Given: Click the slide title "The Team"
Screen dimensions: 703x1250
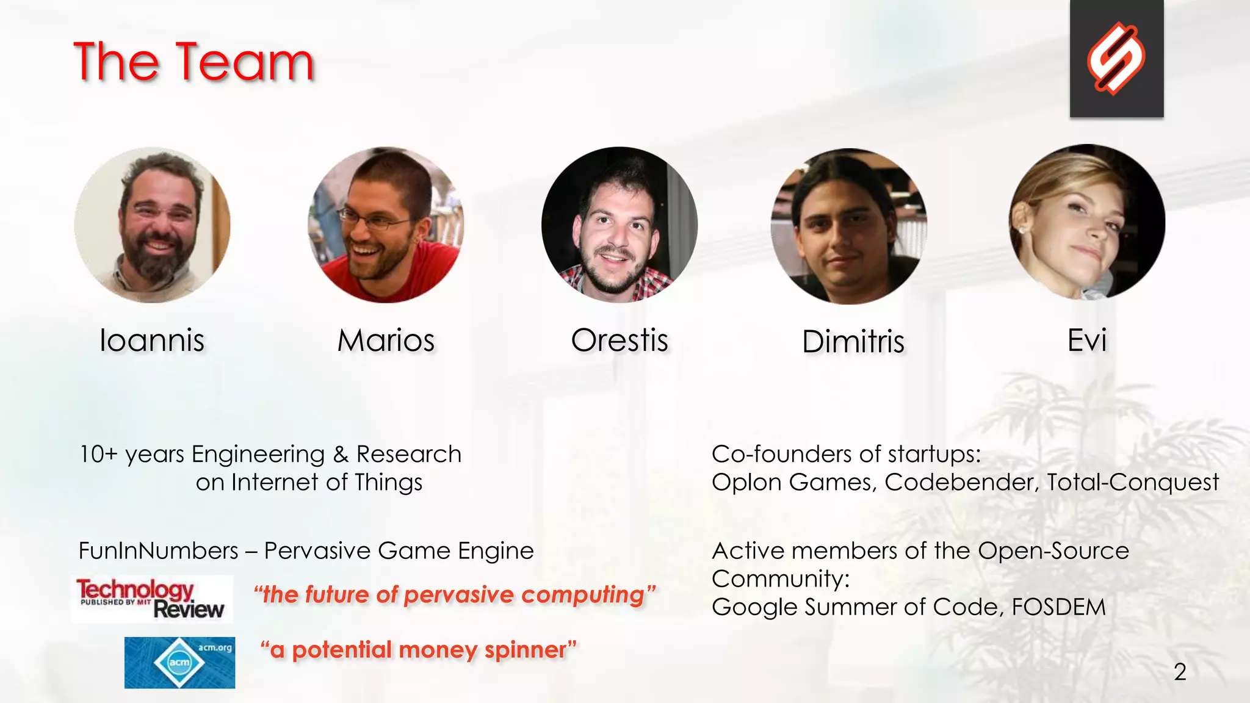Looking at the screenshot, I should pos(193,62).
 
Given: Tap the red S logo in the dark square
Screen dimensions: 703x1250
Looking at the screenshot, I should pos(1116,59).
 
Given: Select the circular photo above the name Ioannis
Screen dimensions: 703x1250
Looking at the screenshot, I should pos(152,225).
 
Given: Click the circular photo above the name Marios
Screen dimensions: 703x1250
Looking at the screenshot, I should pos(386,225).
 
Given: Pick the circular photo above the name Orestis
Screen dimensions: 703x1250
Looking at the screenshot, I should pos(619,225).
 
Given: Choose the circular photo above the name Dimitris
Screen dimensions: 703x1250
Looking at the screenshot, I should pos(849,226).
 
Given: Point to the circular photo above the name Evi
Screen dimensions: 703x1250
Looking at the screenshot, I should pos(1087,222).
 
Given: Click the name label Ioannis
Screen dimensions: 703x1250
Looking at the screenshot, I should pos(152,341).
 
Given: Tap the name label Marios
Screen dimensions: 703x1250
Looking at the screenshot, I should pos(386,341).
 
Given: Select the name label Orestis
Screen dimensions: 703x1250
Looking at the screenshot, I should pos(620,341).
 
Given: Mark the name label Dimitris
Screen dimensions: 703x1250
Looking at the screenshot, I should pos(853,342).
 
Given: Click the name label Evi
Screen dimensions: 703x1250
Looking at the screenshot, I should pos(1087,340).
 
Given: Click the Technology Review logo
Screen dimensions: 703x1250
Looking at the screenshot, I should pos(151,599).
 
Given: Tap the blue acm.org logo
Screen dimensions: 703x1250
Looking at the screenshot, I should pos(179,663).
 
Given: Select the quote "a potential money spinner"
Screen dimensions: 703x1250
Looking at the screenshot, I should pos(418,650).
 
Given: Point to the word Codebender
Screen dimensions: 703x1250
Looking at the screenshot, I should pos(961,482).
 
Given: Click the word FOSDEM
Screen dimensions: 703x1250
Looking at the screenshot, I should pos(1058,607).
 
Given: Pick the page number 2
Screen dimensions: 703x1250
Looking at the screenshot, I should pos(1180,672).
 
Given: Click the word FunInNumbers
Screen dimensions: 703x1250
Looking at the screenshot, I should pos(158,551).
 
